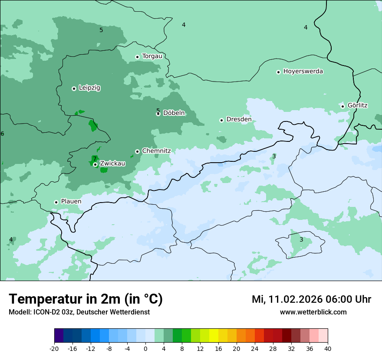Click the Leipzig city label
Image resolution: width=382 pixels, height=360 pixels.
pos(89,88)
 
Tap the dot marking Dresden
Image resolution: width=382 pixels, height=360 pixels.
pos(221,120)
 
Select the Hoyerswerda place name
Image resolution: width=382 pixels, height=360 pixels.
pos(303,71)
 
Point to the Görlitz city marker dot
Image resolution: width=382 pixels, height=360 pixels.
pos(342,106)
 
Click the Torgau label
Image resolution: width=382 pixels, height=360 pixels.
pos(152,56)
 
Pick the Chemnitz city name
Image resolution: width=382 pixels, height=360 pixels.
pos(156,151)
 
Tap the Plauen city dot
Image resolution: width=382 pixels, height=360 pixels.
pos(56,202)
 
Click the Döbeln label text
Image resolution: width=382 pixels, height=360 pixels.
pos(174,113)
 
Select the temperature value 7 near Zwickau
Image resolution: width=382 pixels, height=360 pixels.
pos(95,159)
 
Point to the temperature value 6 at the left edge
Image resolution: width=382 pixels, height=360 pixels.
pos(2,134)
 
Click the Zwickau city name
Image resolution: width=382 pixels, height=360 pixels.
pos(112,164)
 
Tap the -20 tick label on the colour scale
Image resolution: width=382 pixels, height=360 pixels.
pos(54,349)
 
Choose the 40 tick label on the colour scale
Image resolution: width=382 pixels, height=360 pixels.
pos(328,349)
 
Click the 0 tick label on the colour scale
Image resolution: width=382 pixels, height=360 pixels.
pos(145,349)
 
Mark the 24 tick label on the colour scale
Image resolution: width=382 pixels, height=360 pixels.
pos(255,349)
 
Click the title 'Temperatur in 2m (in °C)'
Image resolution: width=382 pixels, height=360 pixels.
pos(86,299)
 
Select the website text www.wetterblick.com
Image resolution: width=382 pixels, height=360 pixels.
pos(313,312)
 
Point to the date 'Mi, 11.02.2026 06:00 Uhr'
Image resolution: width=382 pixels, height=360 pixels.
pos(311,299)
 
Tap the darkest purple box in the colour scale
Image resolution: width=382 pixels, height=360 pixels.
pos(59,336)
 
